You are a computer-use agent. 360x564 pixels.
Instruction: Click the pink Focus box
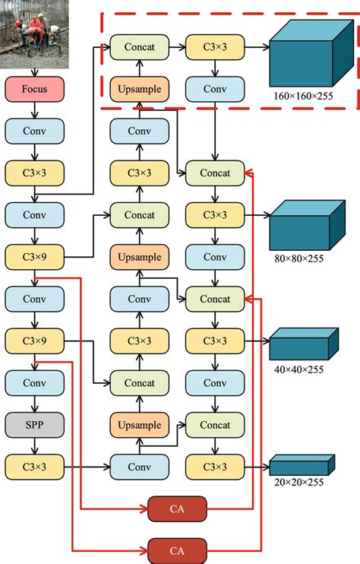point(35,89)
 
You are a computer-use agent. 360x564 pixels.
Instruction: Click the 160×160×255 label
point(308,98)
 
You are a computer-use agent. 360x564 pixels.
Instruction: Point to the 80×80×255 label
point(298,258)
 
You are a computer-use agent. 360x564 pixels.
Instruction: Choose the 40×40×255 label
point(298,370)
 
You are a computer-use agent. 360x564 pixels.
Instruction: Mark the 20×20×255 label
point(298,482)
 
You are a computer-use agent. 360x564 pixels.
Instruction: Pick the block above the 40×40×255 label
point(302,344)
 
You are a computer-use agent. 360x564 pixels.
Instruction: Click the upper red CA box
point(176,507)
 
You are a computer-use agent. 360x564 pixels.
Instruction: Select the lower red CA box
point(176,550)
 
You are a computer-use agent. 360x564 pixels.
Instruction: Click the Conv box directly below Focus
point(35,131)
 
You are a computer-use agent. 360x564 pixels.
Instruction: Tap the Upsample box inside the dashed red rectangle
point(139,90)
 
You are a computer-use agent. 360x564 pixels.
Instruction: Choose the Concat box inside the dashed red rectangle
point(139,48)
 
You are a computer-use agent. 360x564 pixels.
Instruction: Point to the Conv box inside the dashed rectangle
point(215,90)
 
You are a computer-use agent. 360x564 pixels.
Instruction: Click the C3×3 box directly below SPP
point(35,465)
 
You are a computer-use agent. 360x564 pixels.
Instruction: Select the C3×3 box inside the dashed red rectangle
point(215,48)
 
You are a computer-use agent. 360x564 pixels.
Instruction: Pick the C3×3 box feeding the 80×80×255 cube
point(215,215)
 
